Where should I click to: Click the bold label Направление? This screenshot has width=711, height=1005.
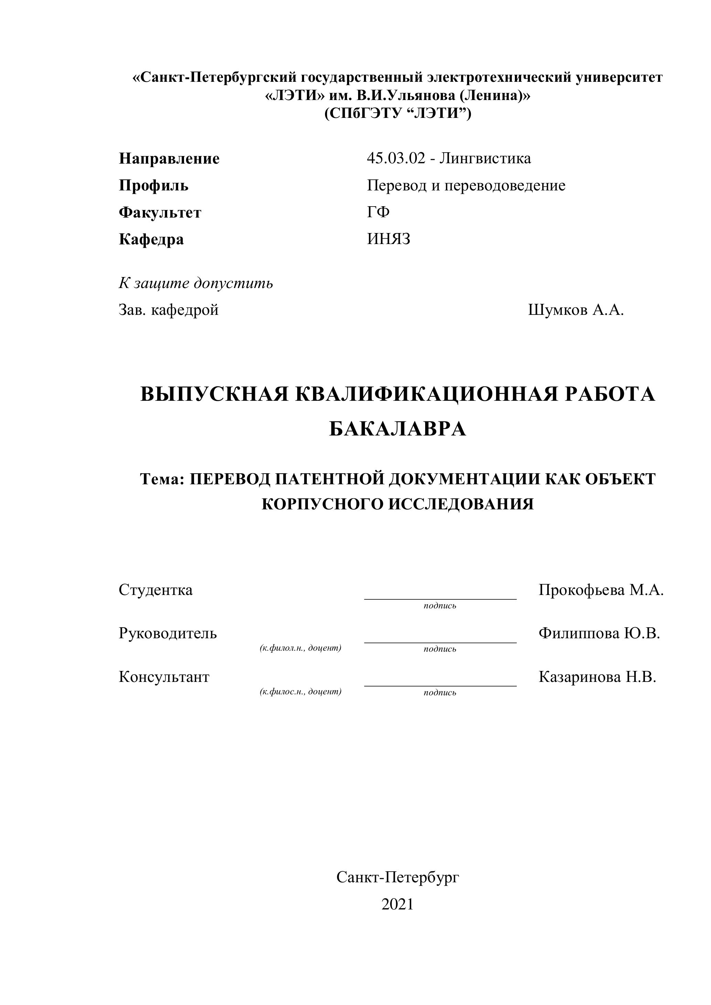tap(169, 158)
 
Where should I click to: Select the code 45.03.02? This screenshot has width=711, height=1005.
tap(396, 158)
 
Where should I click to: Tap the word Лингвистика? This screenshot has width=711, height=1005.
tap(485, 158)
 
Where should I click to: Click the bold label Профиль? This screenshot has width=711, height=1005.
tap(153, 186)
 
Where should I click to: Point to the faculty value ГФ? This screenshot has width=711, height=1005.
tap(378, 212)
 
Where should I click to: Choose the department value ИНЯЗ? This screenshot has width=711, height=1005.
tap(389, 239)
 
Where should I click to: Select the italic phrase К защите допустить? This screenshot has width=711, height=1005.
tap(196, 283)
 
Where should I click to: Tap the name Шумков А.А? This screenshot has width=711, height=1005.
tap(575, 310)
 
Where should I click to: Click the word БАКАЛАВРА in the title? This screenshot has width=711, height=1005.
tap(397, 429)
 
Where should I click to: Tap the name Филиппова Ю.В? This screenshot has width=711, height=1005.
tap(599, 633)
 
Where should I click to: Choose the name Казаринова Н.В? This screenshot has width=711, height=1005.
tap(597, 677)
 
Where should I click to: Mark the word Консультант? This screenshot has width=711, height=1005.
tap(164, 677)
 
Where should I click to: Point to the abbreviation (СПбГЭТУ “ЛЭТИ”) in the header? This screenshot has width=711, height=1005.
tap(397, 114)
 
